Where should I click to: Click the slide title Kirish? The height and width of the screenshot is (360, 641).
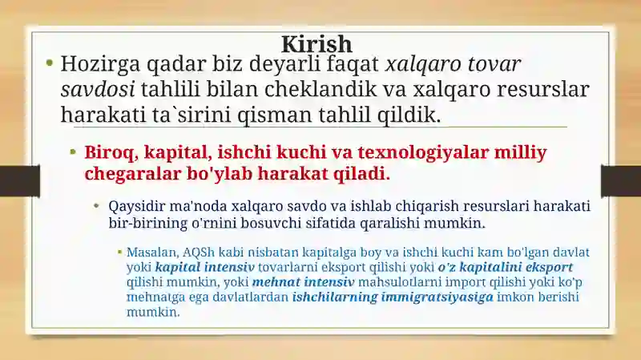coord(316,44)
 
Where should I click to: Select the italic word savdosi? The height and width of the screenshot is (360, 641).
coord(98,90)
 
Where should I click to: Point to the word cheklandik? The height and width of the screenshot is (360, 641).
coord(320,89)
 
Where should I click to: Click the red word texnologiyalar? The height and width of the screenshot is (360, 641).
coord(424,153)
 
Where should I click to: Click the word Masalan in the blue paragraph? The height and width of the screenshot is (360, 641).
coord(152,253)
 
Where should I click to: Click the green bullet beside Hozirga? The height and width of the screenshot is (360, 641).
coord(50,63)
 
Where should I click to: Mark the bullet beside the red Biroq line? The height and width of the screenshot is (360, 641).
coord(73,152)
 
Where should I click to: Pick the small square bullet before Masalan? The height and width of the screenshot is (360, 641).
coord(119,252)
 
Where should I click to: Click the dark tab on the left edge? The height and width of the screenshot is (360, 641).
coord(20,180)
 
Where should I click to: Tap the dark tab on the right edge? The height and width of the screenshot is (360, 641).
coord(621,180)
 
